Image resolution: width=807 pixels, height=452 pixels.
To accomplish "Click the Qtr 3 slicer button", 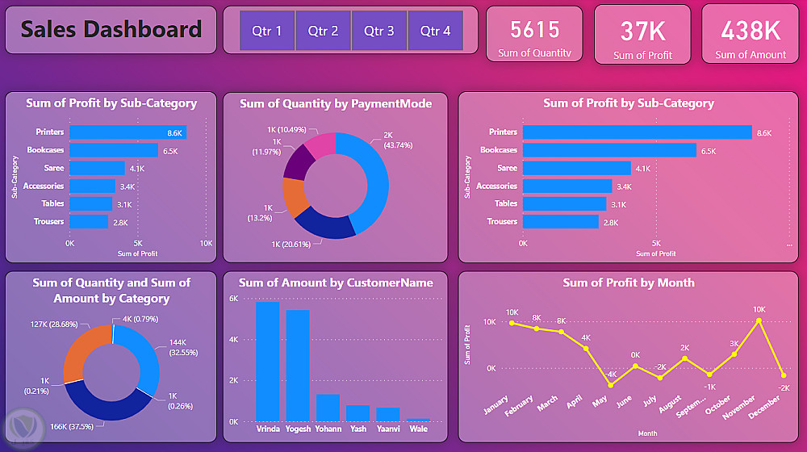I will (379, 31).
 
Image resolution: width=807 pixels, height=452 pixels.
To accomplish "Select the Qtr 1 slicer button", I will (267, 31).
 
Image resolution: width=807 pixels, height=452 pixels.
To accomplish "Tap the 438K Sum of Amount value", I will (751, 31).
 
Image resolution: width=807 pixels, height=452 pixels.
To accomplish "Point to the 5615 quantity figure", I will (534, 30).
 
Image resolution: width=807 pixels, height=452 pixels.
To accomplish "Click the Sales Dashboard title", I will (111, 30).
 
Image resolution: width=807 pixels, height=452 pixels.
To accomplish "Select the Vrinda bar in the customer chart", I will (267, 361).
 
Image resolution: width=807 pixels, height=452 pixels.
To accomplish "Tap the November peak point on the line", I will (759, 320).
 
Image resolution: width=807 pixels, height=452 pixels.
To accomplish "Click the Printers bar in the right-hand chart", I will (637, 132).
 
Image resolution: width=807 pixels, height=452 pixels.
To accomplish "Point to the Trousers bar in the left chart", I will (89, 221).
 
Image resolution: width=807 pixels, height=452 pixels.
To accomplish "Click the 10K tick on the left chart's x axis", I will (206, 243).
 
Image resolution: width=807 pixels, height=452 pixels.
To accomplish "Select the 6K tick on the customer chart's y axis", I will (233, 299).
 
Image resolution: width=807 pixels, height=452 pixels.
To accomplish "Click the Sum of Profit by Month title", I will (628, 282).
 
